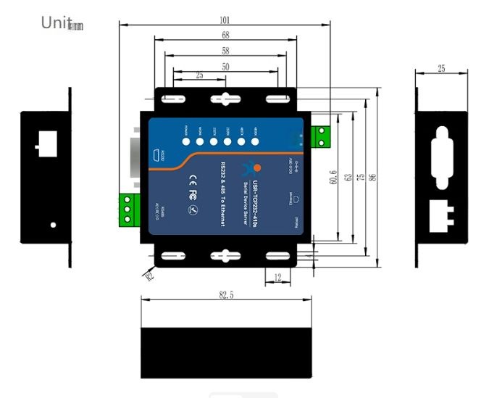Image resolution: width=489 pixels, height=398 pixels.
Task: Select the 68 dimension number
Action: (x=225, y=35)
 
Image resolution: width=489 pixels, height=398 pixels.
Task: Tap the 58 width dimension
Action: (x=225, y=51)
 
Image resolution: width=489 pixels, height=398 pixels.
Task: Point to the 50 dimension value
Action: (x=225, y=66)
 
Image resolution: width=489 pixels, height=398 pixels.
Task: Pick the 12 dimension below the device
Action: (x=278, y=276)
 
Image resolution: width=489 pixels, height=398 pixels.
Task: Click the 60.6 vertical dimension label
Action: (x=333, y=177)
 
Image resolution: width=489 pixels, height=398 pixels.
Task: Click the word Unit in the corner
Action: (x=57, y=22)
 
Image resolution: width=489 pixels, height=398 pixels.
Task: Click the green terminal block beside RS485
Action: (x=129, y=208)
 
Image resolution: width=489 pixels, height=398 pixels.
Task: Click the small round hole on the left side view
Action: (x=53, y=225)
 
